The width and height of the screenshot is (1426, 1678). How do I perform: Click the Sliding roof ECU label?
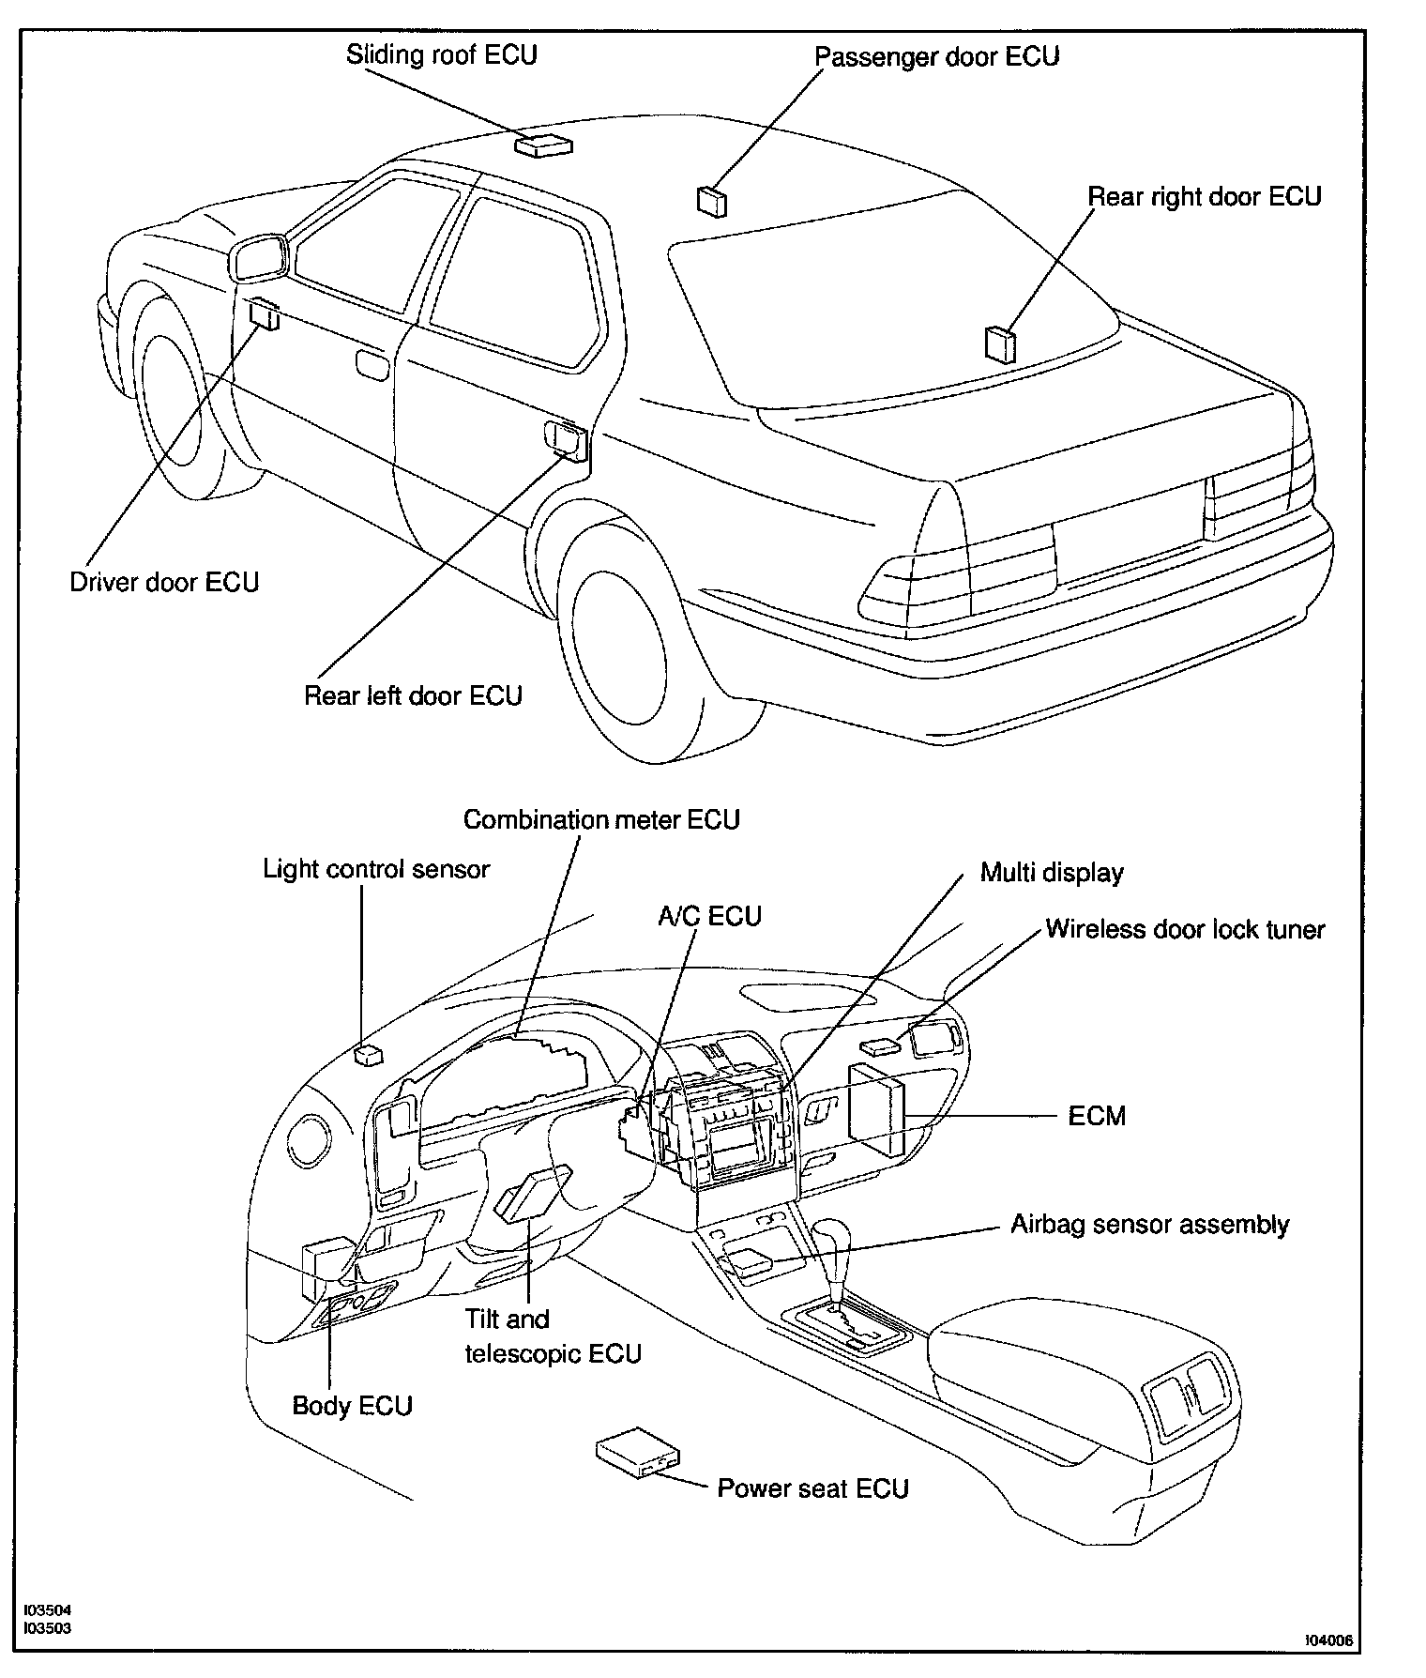441,54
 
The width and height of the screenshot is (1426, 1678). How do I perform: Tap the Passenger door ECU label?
936,56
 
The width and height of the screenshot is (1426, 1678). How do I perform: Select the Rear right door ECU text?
1204,197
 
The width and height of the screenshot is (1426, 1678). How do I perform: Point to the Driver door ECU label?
164,582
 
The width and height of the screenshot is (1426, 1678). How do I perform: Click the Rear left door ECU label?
413,695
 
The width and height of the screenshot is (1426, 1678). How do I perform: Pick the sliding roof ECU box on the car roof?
543,145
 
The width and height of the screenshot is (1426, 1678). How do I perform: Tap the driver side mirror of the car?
258,258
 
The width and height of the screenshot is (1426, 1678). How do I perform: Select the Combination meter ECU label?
601,819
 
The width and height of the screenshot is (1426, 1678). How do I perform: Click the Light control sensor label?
375,869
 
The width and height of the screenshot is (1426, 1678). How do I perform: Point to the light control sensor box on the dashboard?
368,1055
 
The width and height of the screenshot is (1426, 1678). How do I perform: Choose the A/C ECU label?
709,916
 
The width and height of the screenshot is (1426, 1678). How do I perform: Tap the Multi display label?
1052,873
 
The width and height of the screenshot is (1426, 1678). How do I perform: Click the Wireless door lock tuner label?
1185,929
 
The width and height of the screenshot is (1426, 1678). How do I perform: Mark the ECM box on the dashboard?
877,1110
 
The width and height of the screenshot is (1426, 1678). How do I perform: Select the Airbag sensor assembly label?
1149,1225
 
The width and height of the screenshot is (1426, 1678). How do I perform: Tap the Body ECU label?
353,1405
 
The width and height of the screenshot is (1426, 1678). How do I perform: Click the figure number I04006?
1329,1640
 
